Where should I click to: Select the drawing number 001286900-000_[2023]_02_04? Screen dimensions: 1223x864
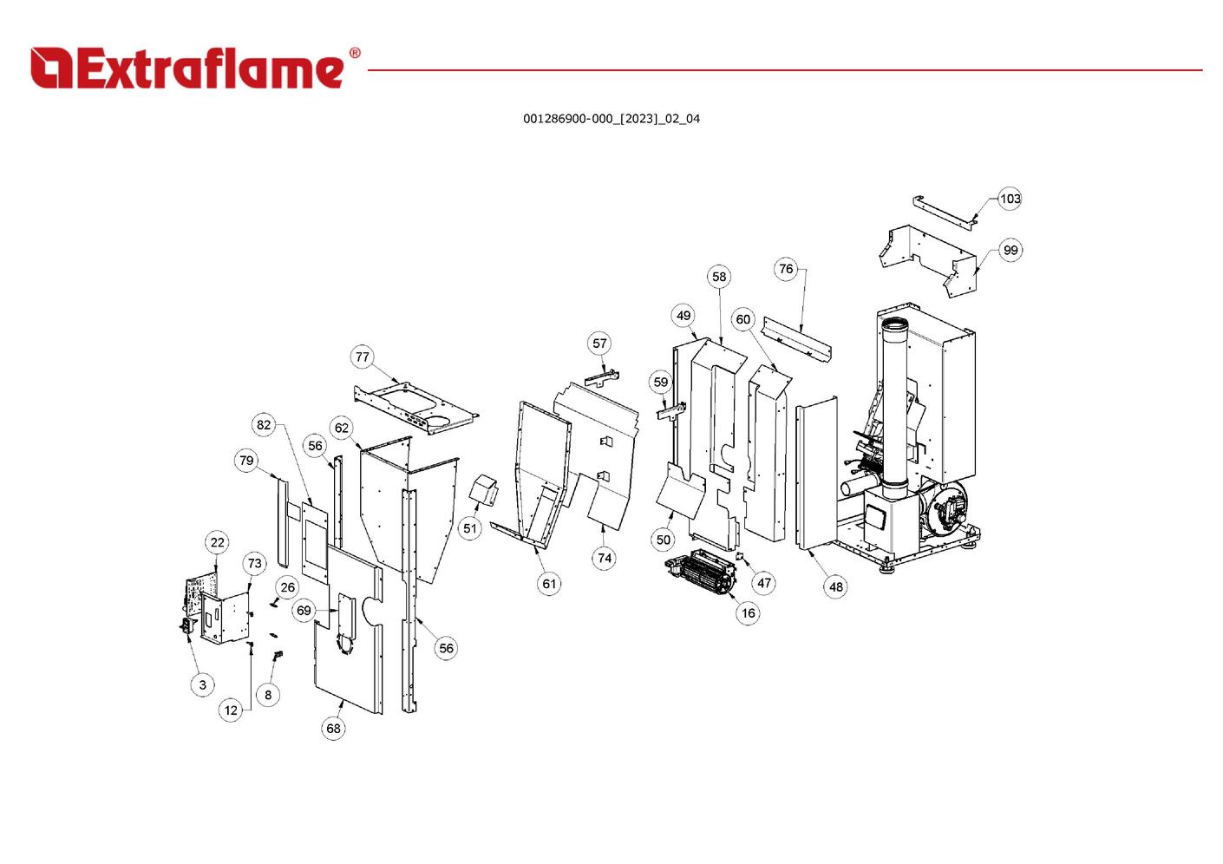[611, 119]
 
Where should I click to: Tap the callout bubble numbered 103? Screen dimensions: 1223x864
[1010, 199]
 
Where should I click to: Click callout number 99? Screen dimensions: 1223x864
[1010, 250]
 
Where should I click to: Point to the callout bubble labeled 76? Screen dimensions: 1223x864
[786, 269]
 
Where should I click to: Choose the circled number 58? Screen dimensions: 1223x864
[719, 277]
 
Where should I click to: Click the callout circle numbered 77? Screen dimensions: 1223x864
[362, 357]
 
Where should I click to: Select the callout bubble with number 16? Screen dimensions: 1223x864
[748, 613]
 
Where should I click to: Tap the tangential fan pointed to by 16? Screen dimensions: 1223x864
[701, 573]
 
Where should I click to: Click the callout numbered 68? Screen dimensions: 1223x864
[333, 729]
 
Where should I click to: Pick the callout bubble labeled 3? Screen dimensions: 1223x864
[203, 684]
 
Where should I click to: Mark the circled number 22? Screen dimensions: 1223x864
[218, 542]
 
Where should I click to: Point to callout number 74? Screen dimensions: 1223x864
[604, 558]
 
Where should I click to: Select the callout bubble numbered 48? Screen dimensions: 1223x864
[836, 587]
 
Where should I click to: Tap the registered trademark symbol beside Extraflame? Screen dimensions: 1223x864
[355, 53]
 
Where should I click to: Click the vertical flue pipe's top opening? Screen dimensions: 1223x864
[895, 324]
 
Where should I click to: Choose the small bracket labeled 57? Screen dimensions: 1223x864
[602, 378]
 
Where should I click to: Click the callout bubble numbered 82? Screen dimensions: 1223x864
[264, 425]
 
